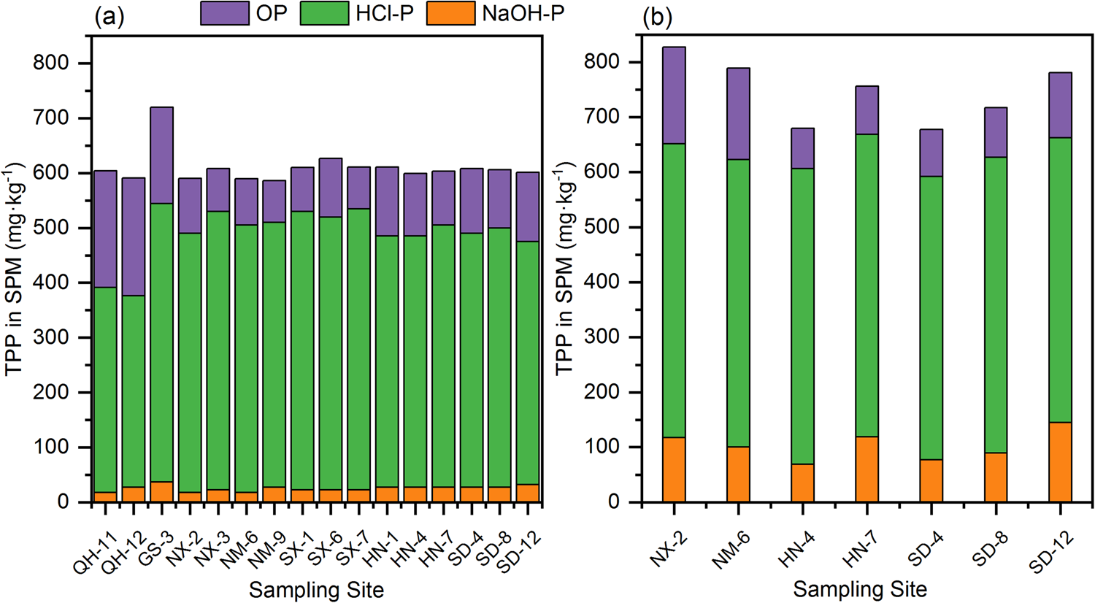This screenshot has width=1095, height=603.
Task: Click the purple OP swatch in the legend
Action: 225,13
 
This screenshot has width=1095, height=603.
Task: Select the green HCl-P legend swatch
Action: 324,13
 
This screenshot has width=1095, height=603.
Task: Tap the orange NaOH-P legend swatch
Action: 450,13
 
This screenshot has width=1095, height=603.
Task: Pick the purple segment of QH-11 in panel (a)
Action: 106,228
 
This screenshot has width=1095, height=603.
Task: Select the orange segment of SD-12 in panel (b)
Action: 1060,462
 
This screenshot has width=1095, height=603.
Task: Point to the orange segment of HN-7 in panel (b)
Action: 867,469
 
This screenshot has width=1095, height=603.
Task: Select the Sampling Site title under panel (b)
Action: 860,588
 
